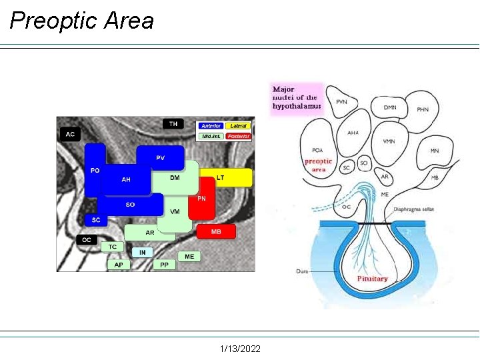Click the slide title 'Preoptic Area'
[x=81, y=21]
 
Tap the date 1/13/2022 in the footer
[x=240, y=349]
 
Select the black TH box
[x=173, y=124]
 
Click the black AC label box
[x=70, y=135]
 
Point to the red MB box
[x=216, y=231]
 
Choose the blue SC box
[x=96, y=220]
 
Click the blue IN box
[x=142, y=252]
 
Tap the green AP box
[x=119, y=265]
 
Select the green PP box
[x=164, y=265]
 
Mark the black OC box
[x=87, y=239]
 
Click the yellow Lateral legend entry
[x=238, y=126]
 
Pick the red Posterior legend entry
[x=238, y=136]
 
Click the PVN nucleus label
[x=341, y=102]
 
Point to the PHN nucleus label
[x=423, y=109]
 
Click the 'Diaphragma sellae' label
[x=413, y=209]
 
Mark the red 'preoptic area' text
[x=318, y=165]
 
